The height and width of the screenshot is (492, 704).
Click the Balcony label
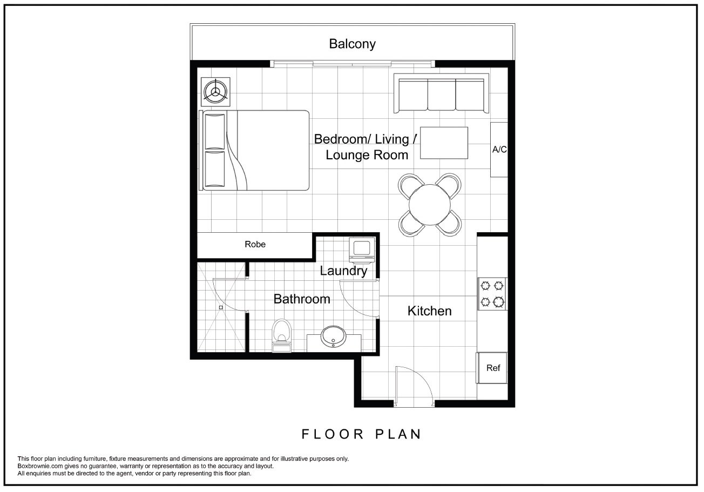(352, 44)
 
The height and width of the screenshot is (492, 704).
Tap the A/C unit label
(499, 150)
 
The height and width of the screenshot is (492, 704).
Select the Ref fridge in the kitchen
(492, 368)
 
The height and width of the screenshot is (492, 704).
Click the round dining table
(430, 205)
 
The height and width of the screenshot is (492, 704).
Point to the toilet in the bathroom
(282, 335)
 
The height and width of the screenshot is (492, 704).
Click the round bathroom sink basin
(333, 336)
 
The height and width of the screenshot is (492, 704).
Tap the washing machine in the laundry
(362, 250)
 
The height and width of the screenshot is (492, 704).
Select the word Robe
(255, 244)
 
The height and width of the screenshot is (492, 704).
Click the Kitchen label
(429, 311)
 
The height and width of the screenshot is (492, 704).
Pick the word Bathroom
(302, 299)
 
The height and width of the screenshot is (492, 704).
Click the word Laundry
(343, 271)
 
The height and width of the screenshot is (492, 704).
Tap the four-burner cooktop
(492, 294)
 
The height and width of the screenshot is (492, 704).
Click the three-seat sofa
(441, 93)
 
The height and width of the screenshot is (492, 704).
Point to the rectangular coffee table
(444, 143)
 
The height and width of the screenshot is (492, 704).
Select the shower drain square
(221, 307)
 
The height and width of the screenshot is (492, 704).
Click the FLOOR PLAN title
(361, 434)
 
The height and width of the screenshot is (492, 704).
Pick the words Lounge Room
(367, 155)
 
